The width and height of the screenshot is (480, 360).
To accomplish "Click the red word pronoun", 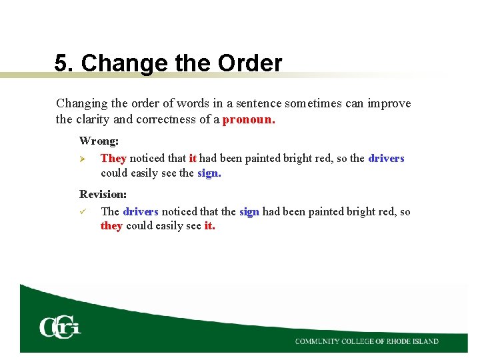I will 248,121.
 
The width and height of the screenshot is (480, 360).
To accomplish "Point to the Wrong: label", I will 99,141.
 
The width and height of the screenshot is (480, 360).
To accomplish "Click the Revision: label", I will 103,194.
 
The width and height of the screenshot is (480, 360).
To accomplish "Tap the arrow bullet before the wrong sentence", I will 83,159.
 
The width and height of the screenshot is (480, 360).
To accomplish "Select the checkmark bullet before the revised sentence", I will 83,211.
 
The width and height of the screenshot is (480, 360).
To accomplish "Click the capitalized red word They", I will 113,158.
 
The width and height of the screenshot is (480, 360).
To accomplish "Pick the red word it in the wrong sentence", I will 193,158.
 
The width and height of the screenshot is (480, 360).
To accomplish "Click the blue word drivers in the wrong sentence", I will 386,158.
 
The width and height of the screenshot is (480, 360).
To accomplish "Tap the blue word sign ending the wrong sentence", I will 209,173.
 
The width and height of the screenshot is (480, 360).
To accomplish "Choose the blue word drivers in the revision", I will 141,211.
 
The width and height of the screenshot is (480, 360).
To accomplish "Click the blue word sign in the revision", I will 249,211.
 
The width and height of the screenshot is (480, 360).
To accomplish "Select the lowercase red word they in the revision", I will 111,226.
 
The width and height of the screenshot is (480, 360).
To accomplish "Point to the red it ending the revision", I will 209,226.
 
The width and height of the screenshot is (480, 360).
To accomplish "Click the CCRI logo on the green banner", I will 60,327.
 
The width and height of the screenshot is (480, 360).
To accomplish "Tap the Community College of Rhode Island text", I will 367,341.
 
